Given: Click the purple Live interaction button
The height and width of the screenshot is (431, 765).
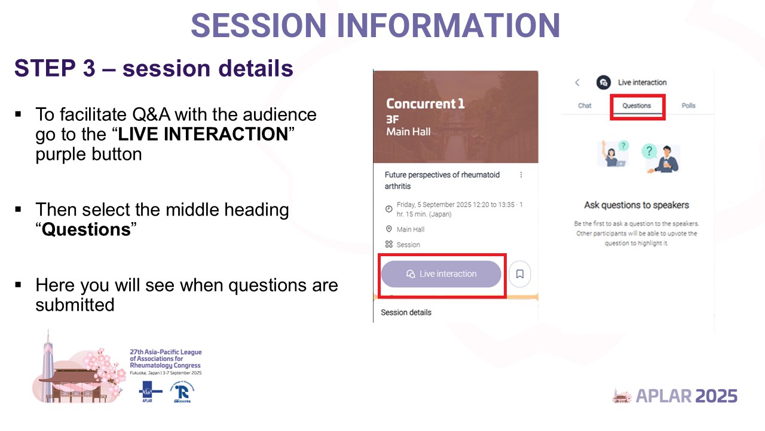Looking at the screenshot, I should tap(441, 274).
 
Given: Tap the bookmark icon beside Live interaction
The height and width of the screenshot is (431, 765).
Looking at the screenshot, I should tap(519, 274).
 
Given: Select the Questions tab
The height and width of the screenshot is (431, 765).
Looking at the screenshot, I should tap(636, 106).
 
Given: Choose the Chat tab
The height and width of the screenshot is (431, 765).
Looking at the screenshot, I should tap(585, 106).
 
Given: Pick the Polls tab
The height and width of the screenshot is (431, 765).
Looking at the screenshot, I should tap(688, 106).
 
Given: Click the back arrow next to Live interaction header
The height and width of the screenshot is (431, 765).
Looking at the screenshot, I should tap(577, 83).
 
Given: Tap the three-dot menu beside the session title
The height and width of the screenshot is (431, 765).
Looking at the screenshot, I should tap(521, 175).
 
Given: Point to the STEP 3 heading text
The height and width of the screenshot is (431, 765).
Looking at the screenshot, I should tap(154, 69).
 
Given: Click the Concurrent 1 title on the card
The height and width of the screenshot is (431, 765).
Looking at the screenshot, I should tap(425, 104).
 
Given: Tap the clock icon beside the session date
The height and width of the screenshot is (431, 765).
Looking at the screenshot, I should tap(389, 209).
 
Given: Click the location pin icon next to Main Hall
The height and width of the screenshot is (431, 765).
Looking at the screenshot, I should tap(389, 229).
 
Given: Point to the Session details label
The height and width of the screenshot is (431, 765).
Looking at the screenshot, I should tap(406, 312).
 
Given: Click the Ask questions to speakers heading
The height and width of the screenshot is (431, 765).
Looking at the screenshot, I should tap(636, 205).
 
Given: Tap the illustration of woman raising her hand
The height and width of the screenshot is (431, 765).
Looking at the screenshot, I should tap(613, 154).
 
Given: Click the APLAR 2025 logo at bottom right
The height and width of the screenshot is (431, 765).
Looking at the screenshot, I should tap(675, 396).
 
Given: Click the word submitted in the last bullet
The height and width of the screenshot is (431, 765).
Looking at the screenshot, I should tap(75, 305).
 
